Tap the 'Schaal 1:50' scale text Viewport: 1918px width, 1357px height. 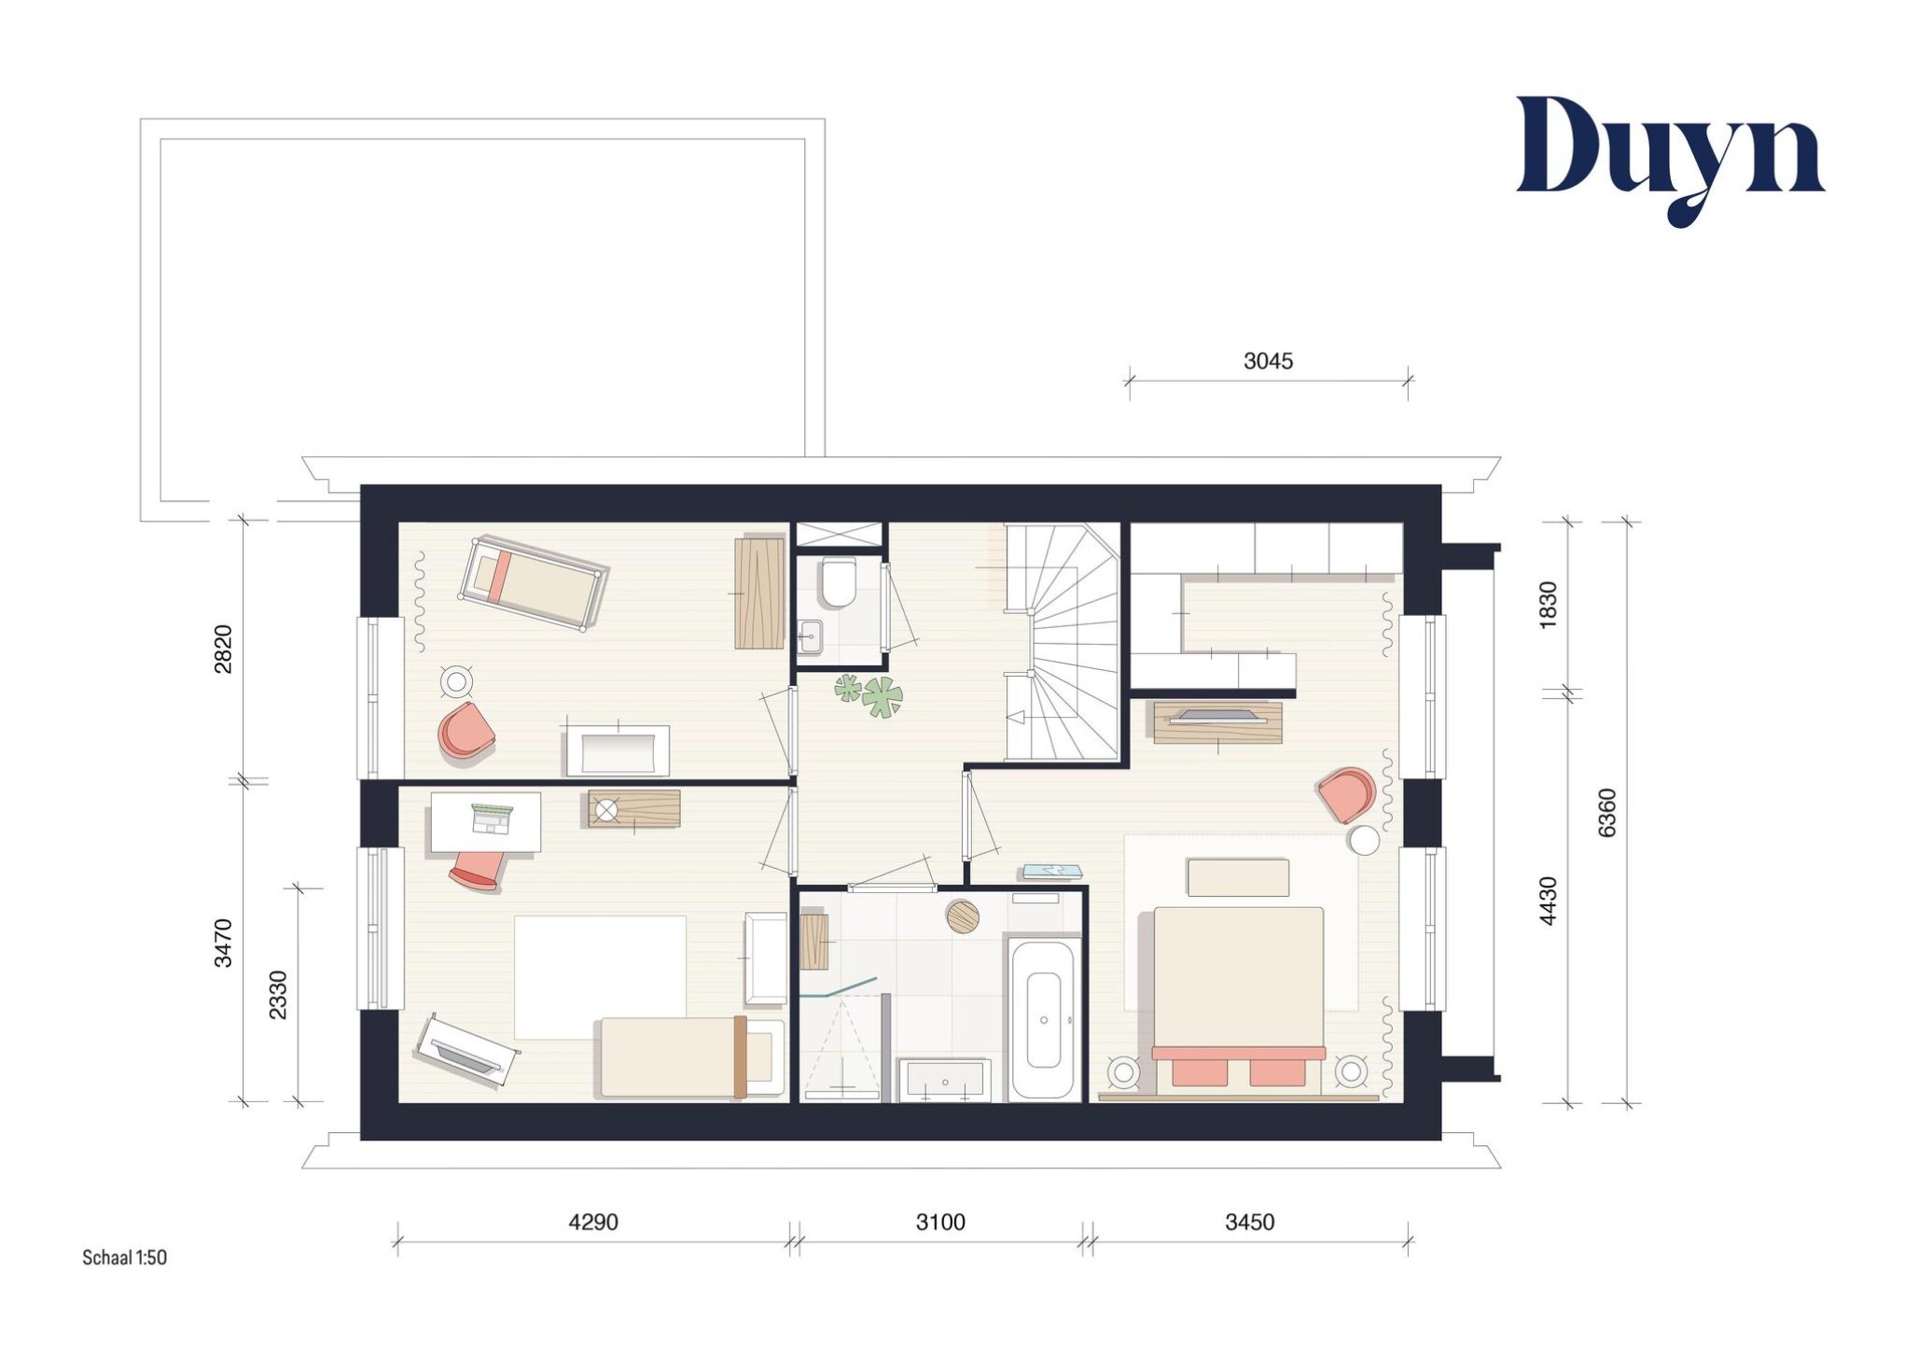pyautogui.click(x=124, y=1257)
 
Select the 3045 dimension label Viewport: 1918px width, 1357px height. pyautogui.click(x=1268, y=361)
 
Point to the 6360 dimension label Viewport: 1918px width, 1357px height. pyautogui.click(x=1606, y=813)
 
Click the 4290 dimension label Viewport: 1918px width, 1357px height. pyautogui.click(x=593, y=1222)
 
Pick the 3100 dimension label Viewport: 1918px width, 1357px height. pyautogui.click(x=940, y=1222)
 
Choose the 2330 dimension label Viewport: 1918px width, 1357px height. pyautogui.click(x=278, y=995)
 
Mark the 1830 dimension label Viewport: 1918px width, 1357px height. pyautogui.click(x=1548, y=605)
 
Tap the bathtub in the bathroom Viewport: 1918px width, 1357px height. pyautogui.click(x=1043, y=1019)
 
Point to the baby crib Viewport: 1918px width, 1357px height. pyautogui.click(x=534, y=584)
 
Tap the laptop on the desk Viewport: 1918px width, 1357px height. pyautogui.click(x=492, y=818)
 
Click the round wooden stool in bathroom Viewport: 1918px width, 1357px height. pyautogui.click(x=963, y=916)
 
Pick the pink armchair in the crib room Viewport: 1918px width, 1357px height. pyautogui.click(x=466, y=731)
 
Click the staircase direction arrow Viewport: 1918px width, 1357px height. pyautogui.click(x=1017, y=717)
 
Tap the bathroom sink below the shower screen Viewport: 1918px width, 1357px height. pyautogui.click(x=945, y=1081)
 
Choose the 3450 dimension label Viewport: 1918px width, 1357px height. pyautogui.click(x=1250, y=1222)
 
